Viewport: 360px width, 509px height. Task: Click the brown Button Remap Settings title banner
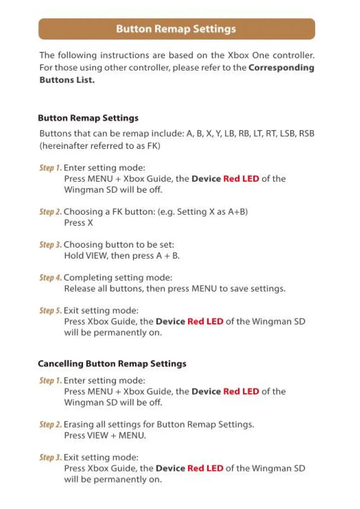177,29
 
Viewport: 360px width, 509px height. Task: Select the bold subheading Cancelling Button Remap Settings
112,363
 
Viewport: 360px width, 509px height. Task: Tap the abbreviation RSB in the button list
306,133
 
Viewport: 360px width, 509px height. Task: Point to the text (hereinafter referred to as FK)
100,146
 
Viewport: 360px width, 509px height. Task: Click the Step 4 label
51,277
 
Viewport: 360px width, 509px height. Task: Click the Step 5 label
51,310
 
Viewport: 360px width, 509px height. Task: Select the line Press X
78,223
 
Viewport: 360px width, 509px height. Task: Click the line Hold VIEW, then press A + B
122,256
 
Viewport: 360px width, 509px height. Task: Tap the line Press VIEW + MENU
105,435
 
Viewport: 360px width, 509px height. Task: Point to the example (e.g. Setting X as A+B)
202,212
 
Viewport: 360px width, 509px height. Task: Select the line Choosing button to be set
119,245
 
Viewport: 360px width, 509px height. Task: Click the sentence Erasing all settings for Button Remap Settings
159,424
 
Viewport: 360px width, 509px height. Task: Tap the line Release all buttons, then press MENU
175,289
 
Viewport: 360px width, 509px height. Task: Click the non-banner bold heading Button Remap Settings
88,118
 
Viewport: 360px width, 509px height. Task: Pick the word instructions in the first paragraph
124,55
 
